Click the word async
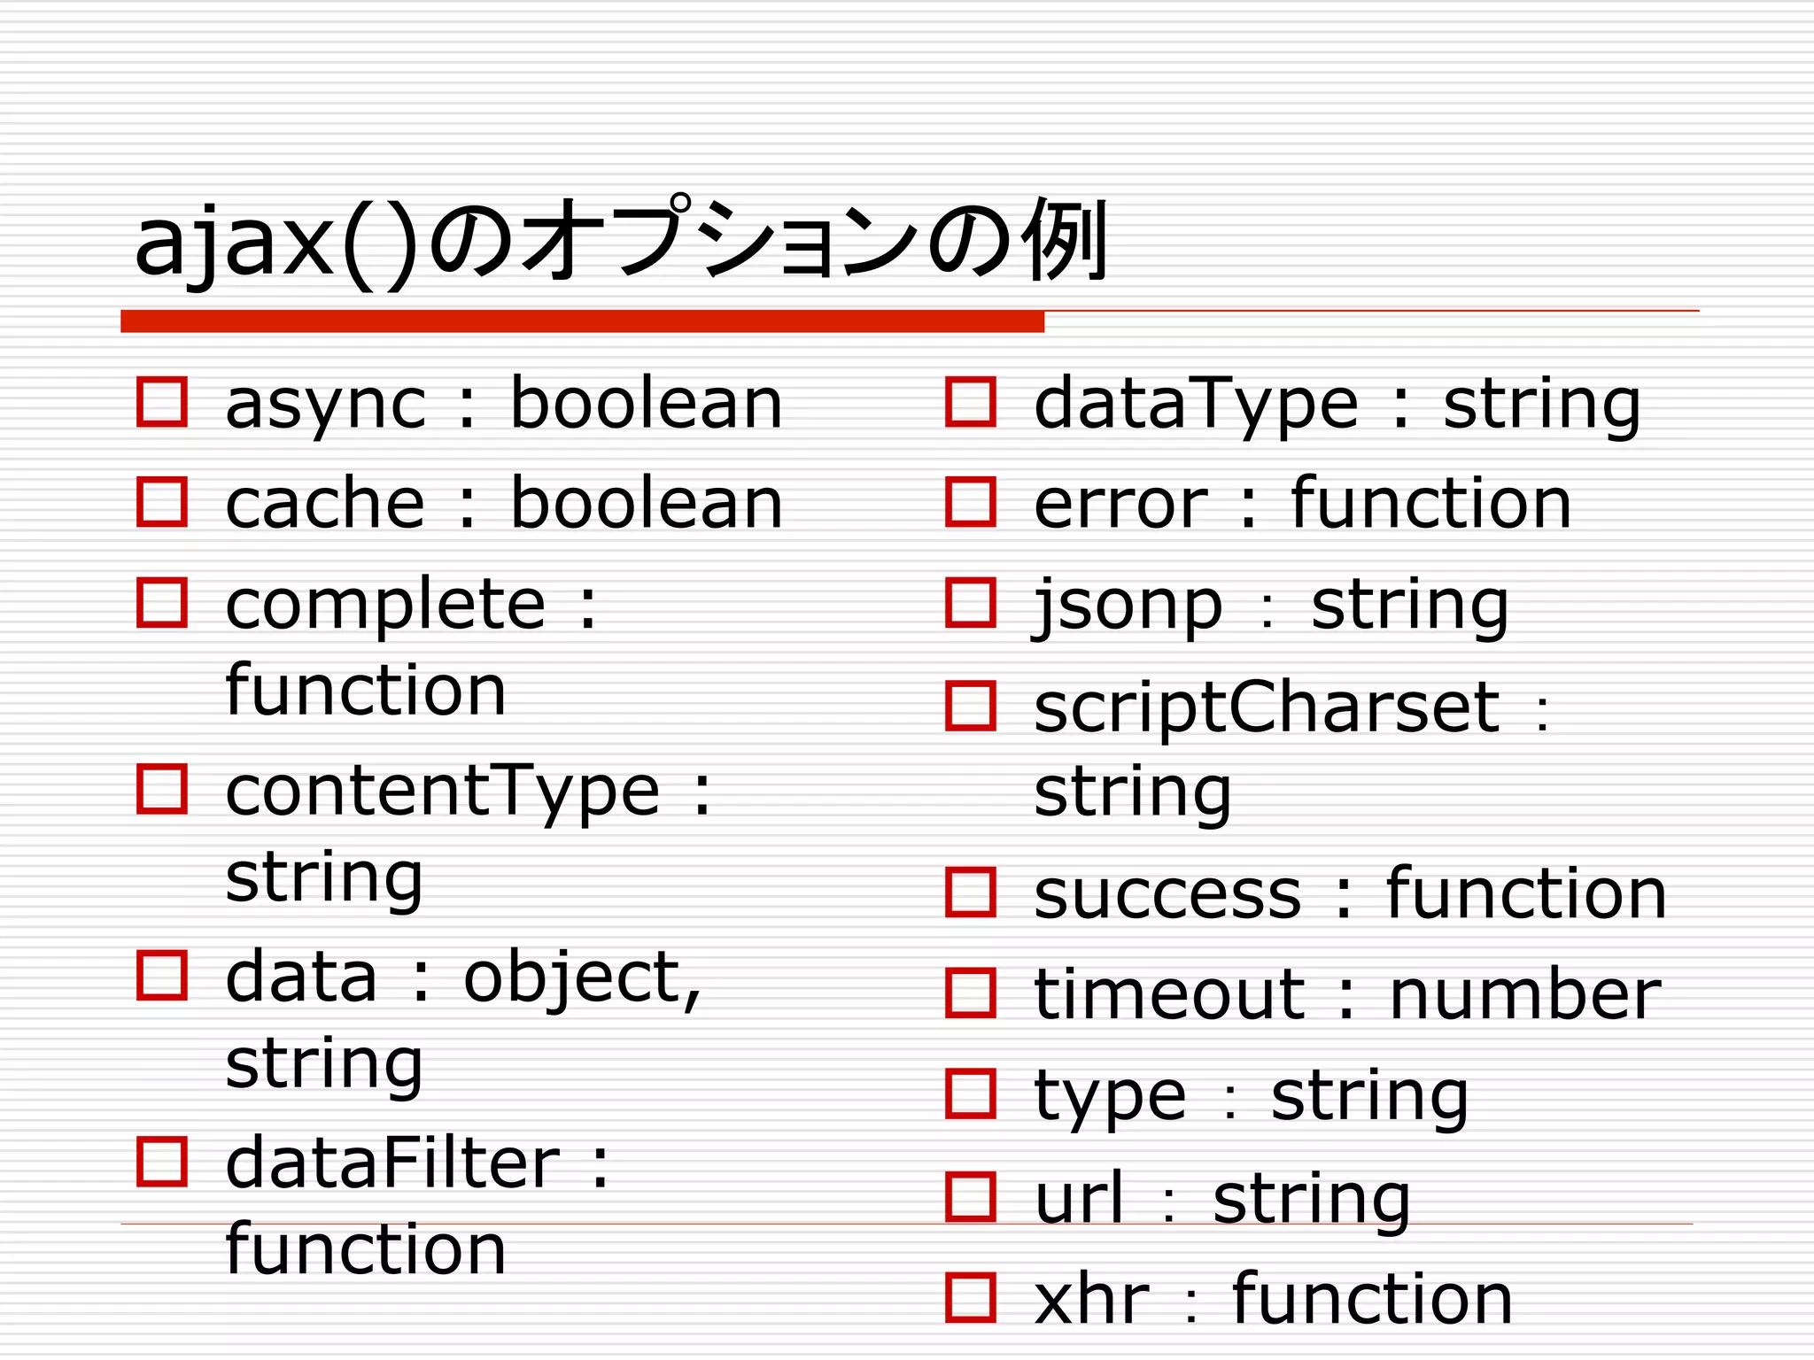coord(325,406)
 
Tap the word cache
coord(325,503)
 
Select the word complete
coord(385,606)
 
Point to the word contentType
coord(442,792)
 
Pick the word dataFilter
coord(392,1163)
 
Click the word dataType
coord(1196,406)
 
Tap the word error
coord(1120,505)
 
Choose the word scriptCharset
coord(1267,708)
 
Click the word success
coord(1167,894)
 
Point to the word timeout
coord(1169,994)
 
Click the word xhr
coord(1091,1300)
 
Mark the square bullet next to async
coord(162,403)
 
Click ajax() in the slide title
coord(275,243)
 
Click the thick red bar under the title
coord(582,321)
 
